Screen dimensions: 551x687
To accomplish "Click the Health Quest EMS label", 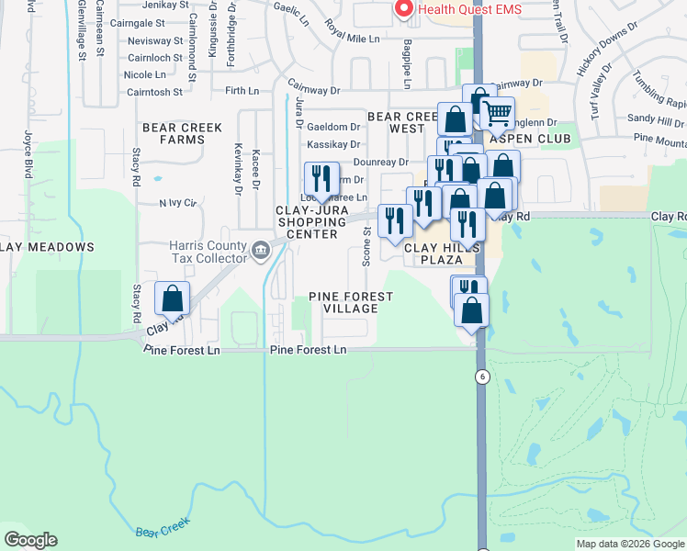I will pyautogui.click(x=469, y=9).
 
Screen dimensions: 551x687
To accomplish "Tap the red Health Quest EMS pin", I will pyautogui.click(x=402, y=8).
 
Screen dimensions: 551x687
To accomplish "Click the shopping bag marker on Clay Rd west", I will pyautogui.click(x=172, y=299).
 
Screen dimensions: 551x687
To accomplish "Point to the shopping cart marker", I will pyautogui.click(x=497, y=115).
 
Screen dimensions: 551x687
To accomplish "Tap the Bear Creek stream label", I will pyautogui.click(x=163, y=528).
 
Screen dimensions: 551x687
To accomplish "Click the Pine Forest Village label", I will pyautogui.click(x=351, y=302).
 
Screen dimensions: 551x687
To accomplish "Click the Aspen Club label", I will pyautogui.click(x=530, y=139).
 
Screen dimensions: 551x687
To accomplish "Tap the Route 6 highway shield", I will pyautogui.click(x=480, y=377).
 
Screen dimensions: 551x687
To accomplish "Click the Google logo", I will pyautogui.click(x=30, y=540).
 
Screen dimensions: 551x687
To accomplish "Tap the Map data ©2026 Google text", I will pyautogui.click(x=630, y=544).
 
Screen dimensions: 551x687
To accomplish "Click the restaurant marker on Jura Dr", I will pyautogui.click(x=320, y=178).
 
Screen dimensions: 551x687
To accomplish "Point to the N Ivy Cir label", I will pyautogui.click(x=179, y=202).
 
